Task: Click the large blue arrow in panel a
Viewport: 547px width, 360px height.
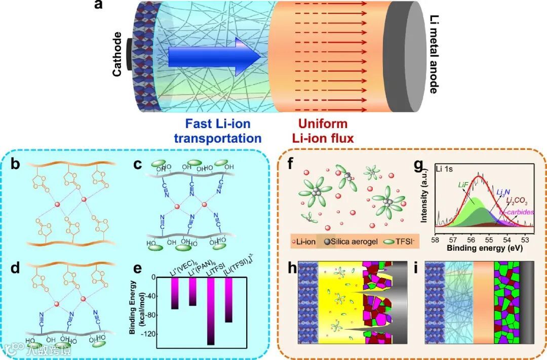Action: click(213, 56)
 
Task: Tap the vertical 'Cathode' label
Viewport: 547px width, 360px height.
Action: click(118, 54)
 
